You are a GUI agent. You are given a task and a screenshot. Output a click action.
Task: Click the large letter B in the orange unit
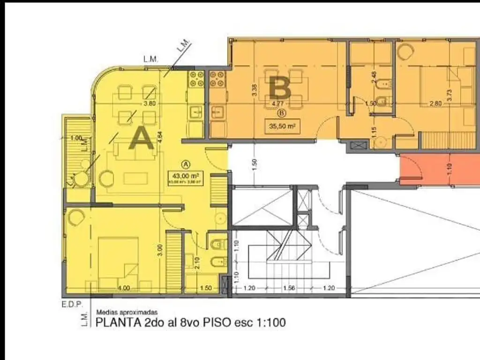pyautogui.click(x=281, y=88)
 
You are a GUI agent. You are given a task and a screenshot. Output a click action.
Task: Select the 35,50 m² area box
pyautogui.click(x=282, y=126)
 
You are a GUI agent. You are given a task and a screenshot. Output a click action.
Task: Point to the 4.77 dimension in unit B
pyautogui.click(x=277, y=104)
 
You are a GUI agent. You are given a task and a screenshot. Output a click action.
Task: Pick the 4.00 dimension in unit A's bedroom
pyautogui.click(x=124, y=288)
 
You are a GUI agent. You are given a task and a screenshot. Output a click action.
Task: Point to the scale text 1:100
pyautogui.click(x=270, y=322)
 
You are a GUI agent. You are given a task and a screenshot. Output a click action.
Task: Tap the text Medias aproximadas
pyautogui.click(x=127, y=312)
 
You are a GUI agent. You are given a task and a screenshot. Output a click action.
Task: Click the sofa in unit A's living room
pyautogui.click(x=127, y=151)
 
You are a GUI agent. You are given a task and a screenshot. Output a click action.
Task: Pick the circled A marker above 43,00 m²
pyautogui.click(x=186, y=165)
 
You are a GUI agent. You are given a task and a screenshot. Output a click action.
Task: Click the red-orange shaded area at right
pyautogui.click(x=439, y=170)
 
